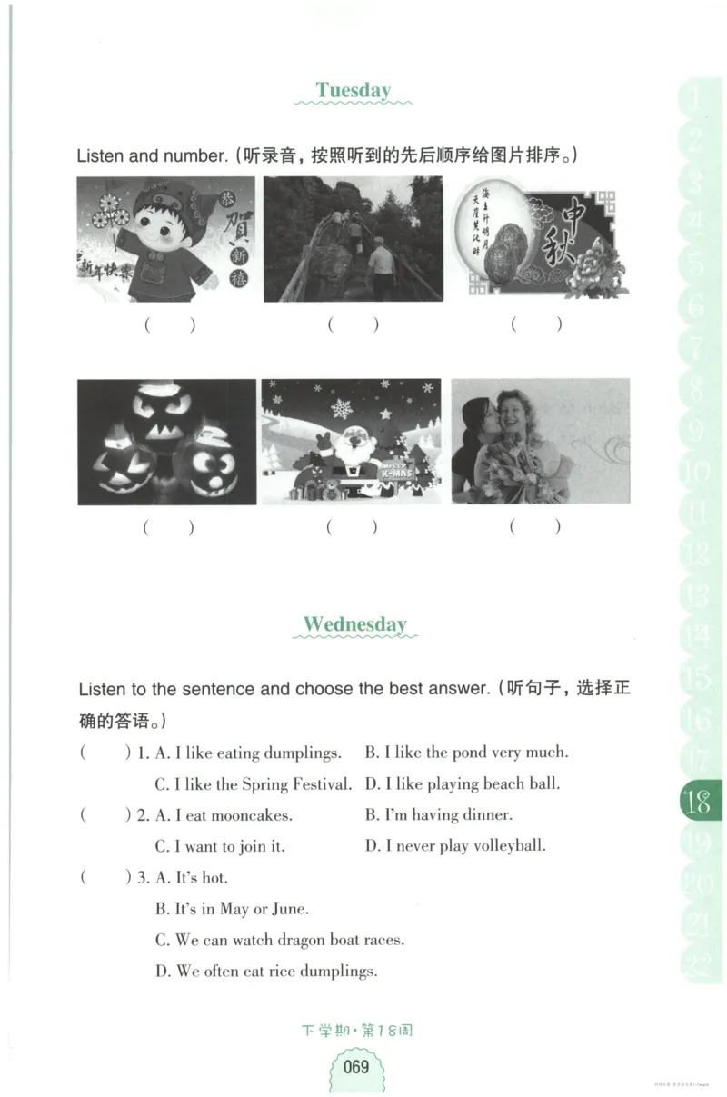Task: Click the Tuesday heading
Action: tap(354, 90)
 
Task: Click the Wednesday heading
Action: tap(354, 624)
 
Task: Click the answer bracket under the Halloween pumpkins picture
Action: tap(168, 527)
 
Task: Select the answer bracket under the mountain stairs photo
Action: tap(353, 324)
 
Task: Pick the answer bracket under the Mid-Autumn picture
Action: tap(536, 324)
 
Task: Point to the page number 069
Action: tap(355, 1066)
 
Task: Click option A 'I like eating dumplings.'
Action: tap(248, 753)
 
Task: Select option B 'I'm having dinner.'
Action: tap(439, 815)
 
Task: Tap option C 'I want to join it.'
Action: tap(220, 846)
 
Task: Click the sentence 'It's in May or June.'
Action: tap(232, 909)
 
